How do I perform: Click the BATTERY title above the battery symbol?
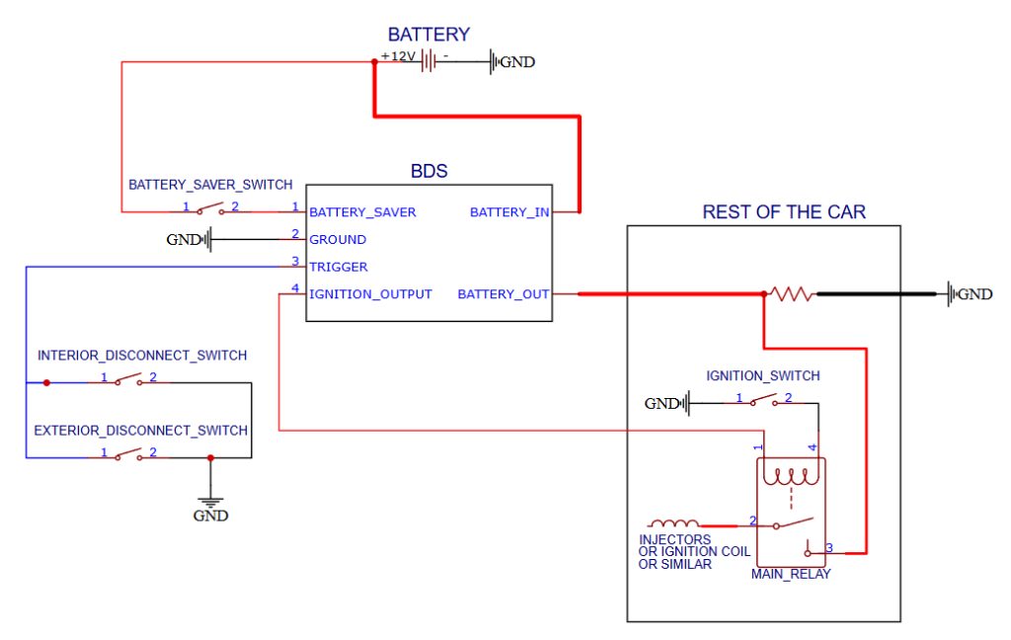pyautogui.click(x=428, y=35)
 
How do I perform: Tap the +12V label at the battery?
pyautogui.click(x=399, y=56)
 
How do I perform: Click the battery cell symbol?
pyautogui.click(x=429, y=62)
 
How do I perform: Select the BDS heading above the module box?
pyautogui.click(x=428, y=171)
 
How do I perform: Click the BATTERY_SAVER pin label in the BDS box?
pyautogui.click(x=362, y=212)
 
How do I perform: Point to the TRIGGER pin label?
pyautogui.click(x=339, y=267)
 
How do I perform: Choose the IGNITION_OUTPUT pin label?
pyautogui.click(x=370, y=294)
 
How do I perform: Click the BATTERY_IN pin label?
pyautogui.click(x=509, y=212)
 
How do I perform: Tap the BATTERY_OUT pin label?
pyautogui.click(x=504, y=294)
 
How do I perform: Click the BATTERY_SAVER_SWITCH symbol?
pyautogui.click(x=209, y=209)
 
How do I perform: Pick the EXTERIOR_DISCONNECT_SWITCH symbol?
pyautogui.click(x=127, y=455)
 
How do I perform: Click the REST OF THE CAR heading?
pyautogui.click(x=784, y=212)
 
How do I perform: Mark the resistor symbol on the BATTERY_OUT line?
pyautogui.click(x=791, y=294)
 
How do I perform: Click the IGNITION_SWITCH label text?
pyautogui.click(x=762, y=376)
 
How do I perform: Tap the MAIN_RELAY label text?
pyautogui.click(x=791, y=574)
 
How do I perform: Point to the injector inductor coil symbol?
pyautogui.click(x=673, y=523)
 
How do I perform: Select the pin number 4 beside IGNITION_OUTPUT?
pyautogui.click(x=295, y=288)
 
